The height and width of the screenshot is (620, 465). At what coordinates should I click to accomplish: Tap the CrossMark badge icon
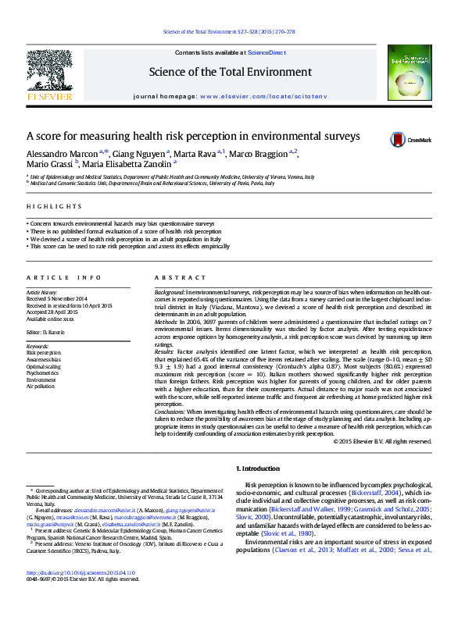click(399, 139)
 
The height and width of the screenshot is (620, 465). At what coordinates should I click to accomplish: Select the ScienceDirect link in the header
click(266, 52)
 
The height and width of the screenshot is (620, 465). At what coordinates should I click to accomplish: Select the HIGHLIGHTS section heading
click(54, 206)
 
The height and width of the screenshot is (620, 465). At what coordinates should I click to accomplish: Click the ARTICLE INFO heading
click(64, 277)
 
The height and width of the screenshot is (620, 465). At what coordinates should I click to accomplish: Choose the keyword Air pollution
click(41, 386)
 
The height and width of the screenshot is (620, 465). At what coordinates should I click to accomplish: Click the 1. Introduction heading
click(257, 469)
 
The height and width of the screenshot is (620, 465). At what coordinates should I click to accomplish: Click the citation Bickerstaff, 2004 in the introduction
click(380, 494)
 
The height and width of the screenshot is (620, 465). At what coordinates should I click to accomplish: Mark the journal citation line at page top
click(228, 31)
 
